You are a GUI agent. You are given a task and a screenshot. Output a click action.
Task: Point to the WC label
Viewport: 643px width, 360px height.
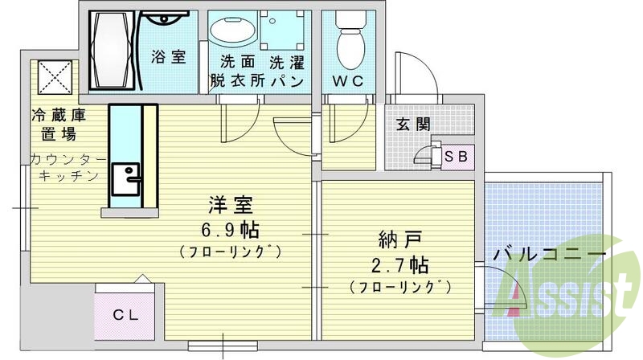pos(347,81)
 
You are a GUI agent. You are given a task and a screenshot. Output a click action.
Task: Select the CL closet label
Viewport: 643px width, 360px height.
pos(125,315)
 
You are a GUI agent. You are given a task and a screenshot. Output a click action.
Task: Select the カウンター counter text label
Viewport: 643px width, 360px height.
pos(64,158)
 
